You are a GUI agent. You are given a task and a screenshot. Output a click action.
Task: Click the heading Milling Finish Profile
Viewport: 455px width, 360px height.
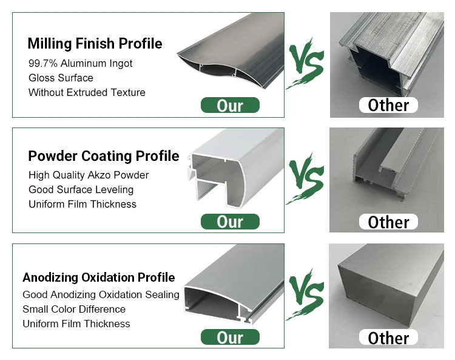coord(95,44)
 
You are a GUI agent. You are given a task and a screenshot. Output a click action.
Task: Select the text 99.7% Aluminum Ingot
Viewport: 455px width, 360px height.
coord(80,63)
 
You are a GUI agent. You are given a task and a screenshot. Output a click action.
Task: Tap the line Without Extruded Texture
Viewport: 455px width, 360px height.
coord(87,92)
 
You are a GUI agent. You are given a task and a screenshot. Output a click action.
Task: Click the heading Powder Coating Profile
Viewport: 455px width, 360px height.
coord(104,156)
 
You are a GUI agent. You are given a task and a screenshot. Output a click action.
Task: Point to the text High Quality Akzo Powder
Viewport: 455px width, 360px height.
coord(89,175)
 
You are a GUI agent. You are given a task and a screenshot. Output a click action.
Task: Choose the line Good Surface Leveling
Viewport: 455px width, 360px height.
coord(81,189)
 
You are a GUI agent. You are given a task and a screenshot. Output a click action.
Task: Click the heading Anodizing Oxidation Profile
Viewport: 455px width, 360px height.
coord(98,277)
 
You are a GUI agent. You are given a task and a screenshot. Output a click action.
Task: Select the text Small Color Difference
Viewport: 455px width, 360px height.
coord(73,309)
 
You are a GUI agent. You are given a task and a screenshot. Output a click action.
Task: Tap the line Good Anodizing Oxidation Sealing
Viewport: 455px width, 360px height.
coord(101,294)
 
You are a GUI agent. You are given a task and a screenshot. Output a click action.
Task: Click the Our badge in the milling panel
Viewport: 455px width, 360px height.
coord(230,106)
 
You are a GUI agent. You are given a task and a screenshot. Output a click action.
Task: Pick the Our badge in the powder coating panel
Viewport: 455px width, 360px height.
coord(230,222)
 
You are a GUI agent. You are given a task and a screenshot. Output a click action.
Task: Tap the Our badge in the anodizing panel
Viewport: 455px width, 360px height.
coord(230,337)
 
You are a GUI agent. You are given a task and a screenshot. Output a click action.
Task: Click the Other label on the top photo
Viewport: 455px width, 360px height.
coord(388,105)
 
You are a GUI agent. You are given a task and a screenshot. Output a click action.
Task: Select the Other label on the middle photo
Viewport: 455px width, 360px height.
coord(388,222)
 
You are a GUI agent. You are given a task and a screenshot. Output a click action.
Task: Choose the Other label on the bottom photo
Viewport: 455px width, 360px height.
coord(388,338)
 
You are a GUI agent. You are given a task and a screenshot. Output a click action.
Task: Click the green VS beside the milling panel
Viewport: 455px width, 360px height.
coord(306,64)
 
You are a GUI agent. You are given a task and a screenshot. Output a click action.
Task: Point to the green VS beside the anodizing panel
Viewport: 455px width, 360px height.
coord(306,296)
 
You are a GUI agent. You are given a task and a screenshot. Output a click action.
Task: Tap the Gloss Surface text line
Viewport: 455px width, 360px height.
coord(61,78)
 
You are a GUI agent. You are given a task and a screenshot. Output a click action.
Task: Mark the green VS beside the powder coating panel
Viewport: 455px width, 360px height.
coord(306,180)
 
